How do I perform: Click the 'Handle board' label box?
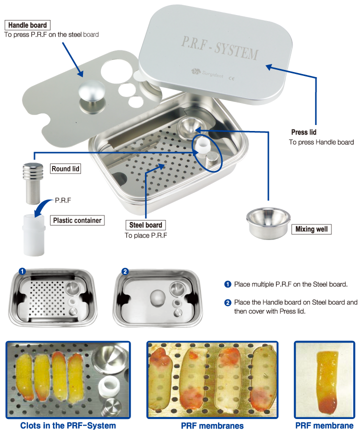(28, 25)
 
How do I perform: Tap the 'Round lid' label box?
(65, 169)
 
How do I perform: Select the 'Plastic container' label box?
(77, 220)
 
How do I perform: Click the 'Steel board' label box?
(146, 225)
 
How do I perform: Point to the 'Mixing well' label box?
(311, 229)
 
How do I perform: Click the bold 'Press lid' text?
(303, 132)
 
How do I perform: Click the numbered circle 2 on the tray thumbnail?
(125, 271)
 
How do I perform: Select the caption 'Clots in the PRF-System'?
(68, 425)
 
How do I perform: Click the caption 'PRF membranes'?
(212, 425)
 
